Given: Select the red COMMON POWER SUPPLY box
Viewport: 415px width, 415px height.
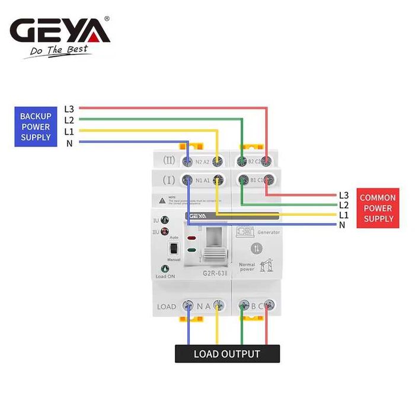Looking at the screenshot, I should (x=378, y=208).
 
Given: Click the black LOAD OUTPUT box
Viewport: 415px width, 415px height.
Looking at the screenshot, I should (x=227, y=354).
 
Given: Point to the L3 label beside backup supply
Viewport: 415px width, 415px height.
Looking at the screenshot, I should (x=69, y=108).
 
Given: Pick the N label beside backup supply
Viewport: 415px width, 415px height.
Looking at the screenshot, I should (x=69, y=142).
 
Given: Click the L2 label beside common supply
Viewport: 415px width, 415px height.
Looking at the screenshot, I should (x=344, y=205).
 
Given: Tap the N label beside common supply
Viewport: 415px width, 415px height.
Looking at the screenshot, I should (x=342, y=225).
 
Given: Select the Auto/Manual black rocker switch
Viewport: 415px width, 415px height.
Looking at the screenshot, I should (x=173, y=248).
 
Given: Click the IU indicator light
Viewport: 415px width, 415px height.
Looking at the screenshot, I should (x=165, y=221).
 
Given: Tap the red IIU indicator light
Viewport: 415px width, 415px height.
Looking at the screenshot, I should (x=165, y=231).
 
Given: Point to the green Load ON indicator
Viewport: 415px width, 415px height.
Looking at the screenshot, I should (x=165, y=269).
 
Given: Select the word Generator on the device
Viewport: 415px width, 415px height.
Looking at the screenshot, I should (x=269, y=232).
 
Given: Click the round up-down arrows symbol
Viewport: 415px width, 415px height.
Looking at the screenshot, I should (x=256, y=248).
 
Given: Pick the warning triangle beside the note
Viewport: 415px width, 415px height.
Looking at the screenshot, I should (x=162, y=200).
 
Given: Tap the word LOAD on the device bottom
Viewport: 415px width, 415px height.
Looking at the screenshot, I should (x=167, y=307).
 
